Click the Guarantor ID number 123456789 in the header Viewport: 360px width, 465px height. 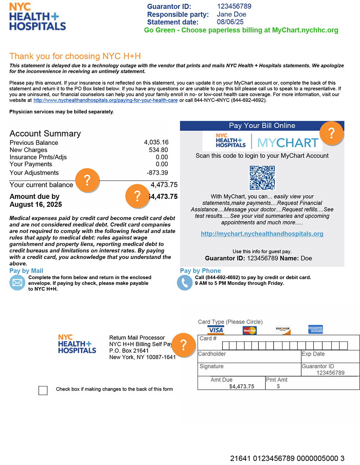(x=234, y=6)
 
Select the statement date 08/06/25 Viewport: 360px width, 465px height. (x=230, y=22)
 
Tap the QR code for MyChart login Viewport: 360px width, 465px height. (x=262, y=178)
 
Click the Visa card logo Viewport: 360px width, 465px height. (x=216, y=330)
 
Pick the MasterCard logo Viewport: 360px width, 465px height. (x=249, y=330)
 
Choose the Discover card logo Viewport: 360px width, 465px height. (x=283, y=329)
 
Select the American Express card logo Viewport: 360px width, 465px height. (x=315, y=329)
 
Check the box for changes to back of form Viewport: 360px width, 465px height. (x=43, y=390)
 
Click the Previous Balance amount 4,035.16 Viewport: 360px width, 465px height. (x=156, y=142)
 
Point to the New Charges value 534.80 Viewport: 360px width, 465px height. (x=158, y=150)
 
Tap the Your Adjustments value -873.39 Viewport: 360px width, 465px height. (x=157, y=173)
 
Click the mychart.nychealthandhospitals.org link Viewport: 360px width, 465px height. (x=262, y=234)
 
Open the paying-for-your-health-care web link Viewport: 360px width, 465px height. (x=105, y=100)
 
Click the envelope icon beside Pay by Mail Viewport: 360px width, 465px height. (x=17, y=283)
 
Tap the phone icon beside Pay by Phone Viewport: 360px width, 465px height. (x=185, y=283)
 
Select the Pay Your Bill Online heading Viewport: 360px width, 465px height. (x=262, y=126)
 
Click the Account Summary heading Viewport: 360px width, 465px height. (x=45, y=134)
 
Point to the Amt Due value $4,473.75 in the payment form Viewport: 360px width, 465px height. (x=242, y=386)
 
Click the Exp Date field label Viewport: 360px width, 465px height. (x=313, y=354)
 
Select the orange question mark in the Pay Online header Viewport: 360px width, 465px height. (x=332, y=133)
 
